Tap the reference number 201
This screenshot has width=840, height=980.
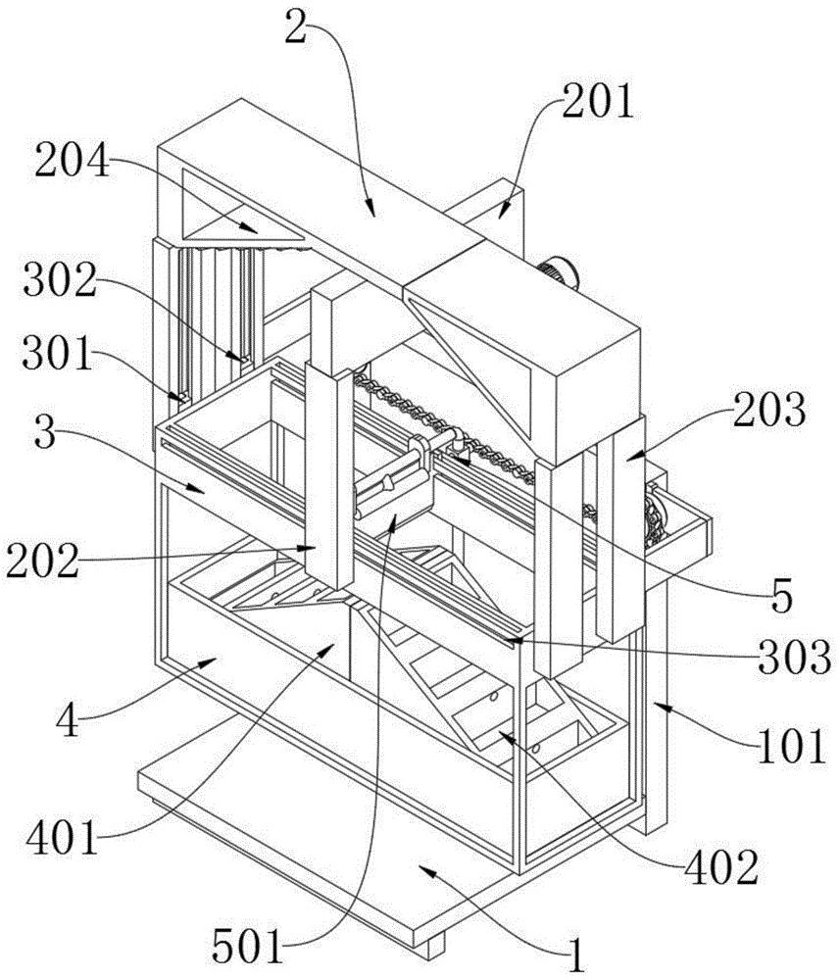(x=598, y=103)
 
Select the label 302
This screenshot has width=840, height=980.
(x=61, y=281)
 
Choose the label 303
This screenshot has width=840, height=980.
(x=794, y=658)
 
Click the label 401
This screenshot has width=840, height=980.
(x=63, y=838)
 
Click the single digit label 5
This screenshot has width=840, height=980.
(x=781, y=596)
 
